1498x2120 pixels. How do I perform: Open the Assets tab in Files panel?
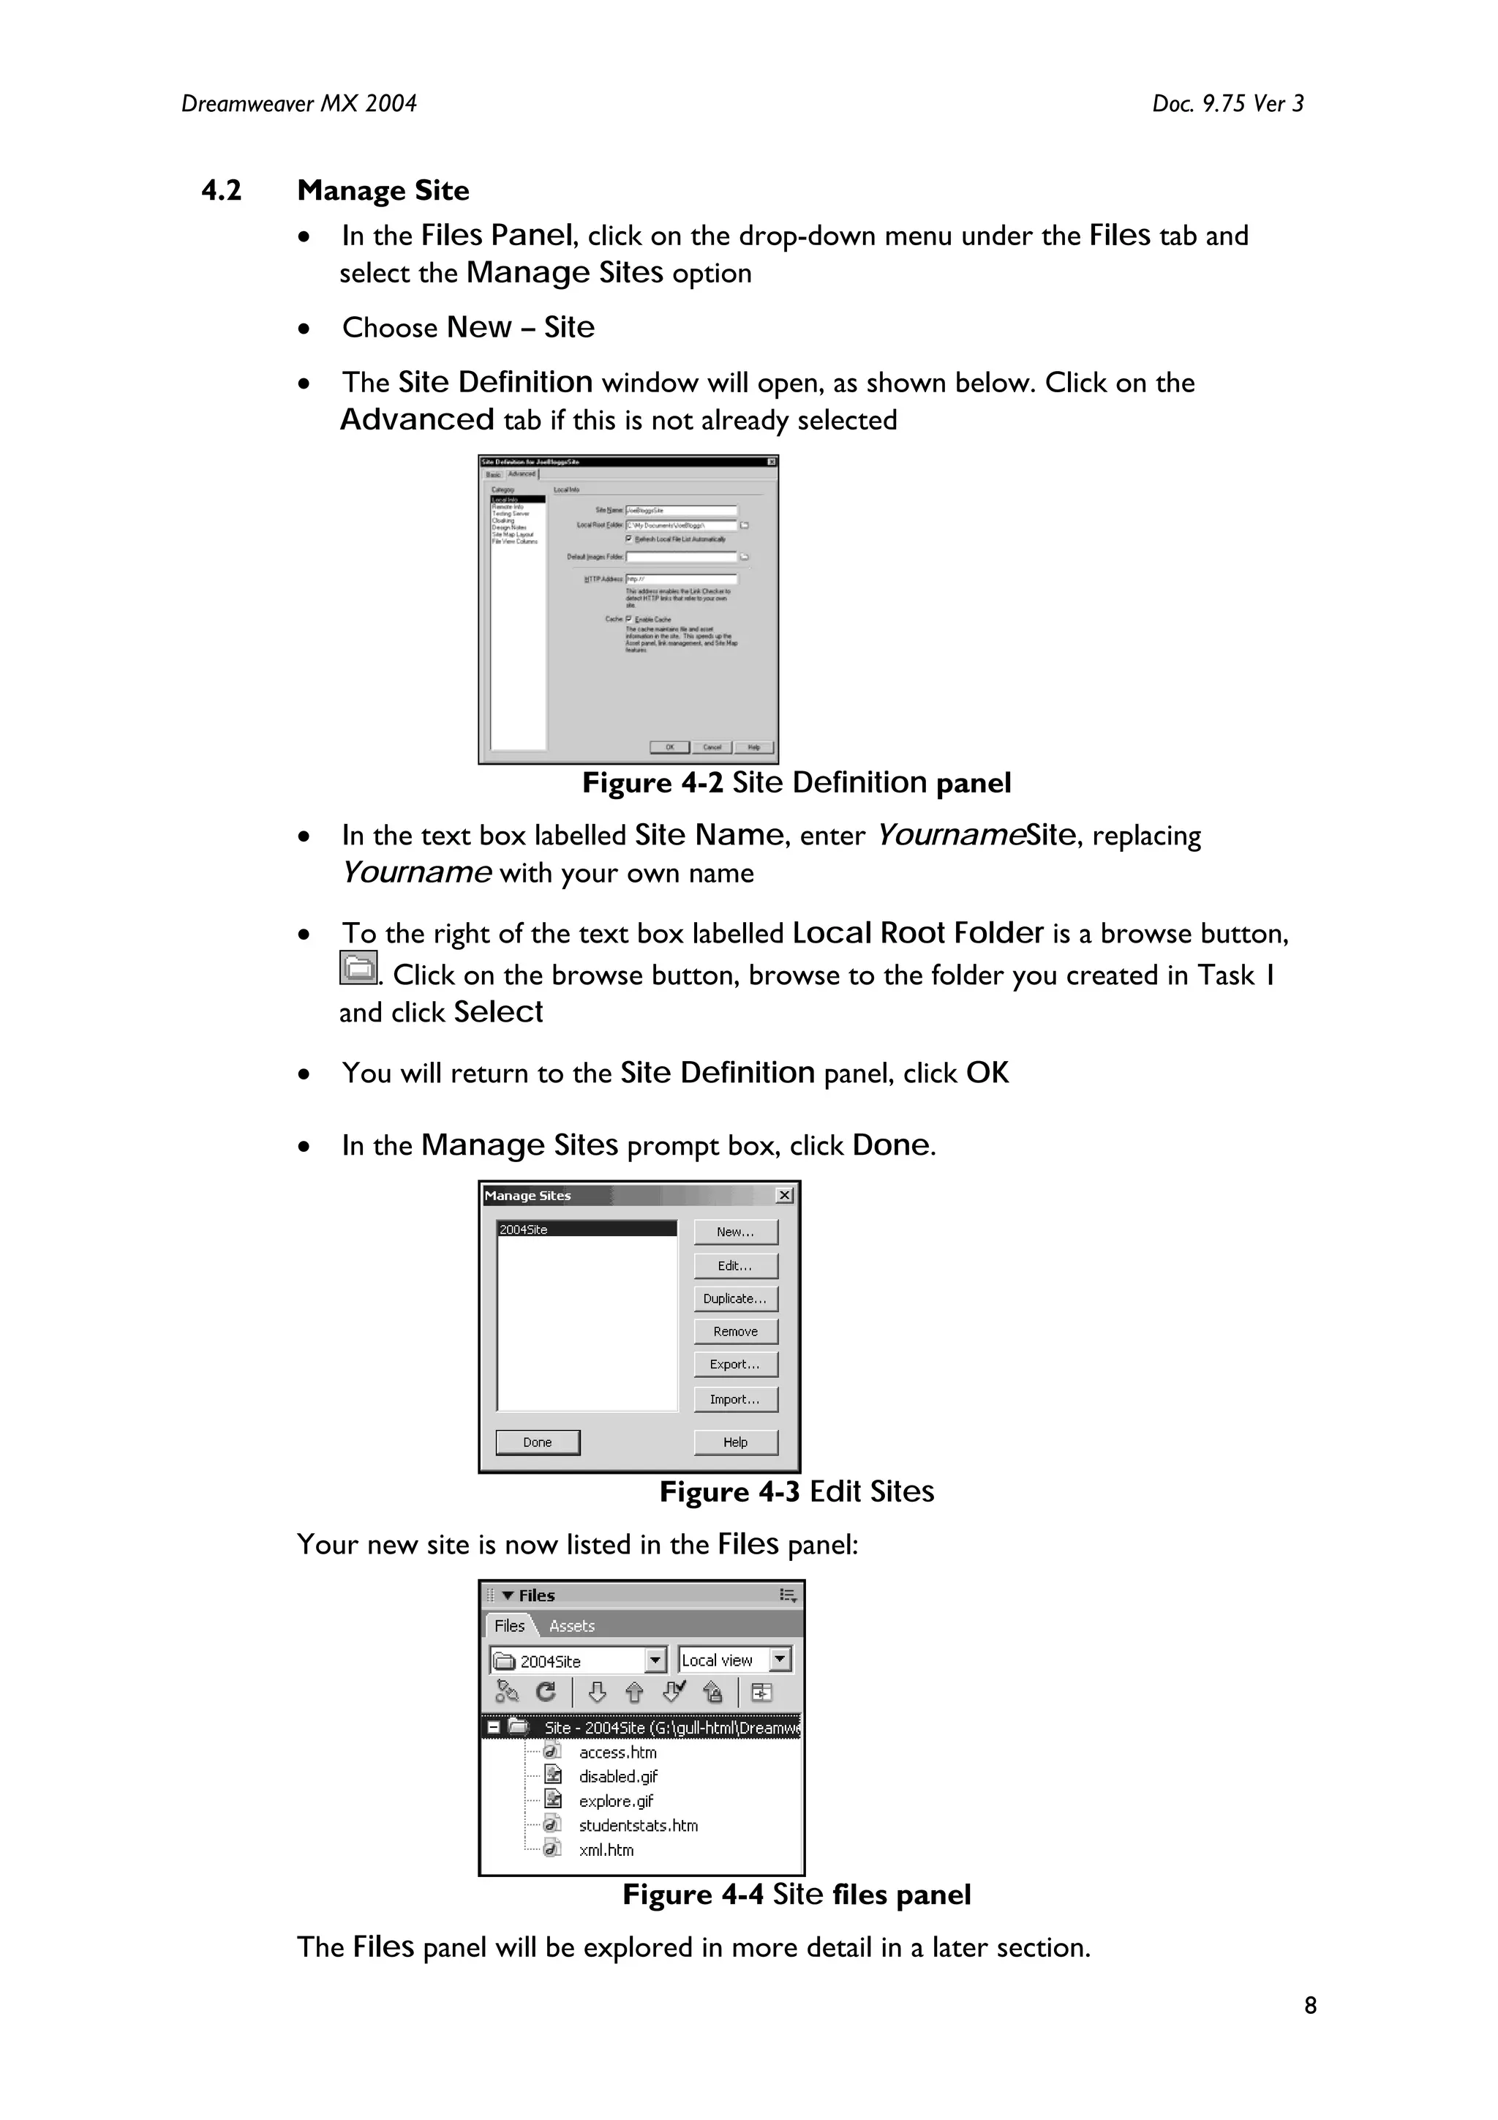571,1626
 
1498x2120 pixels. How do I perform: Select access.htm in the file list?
617,1753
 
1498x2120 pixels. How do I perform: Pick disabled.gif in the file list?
617,1777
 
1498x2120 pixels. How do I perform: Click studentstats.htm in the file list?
638,1825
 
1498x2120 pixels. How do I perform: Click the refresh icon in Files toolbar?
546,1692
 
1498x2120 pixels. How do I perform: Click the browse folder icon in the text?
358,967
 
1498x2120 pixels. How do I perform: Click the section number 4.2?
222,190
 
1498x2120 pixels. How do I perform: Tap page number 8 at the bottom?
1310,2006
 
